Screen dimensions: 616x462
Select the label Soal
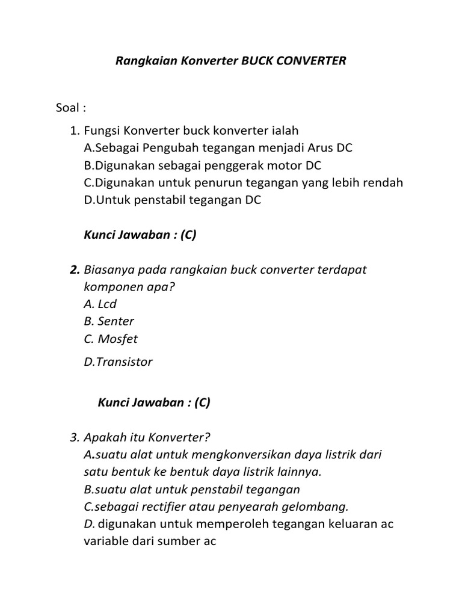(x=68, y=108)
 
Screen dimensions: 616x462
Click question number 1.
(x=74, y=131)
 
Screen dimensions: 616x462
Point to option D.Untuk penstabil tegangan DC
(x=173, y=200)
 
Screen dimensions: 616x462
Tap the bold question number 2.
(x=74, y=269)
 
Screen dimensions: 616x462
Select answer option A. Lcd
(x=100, y=304)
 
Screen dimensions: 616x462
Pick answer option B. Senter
(x=109, y=321)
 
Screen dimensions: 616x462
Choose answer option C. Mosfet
(x=111, y=339)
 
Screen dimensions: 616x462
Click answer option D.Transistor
(x=119, y=362)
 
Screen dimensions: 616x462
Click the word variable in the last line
(x=106, y=541)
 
